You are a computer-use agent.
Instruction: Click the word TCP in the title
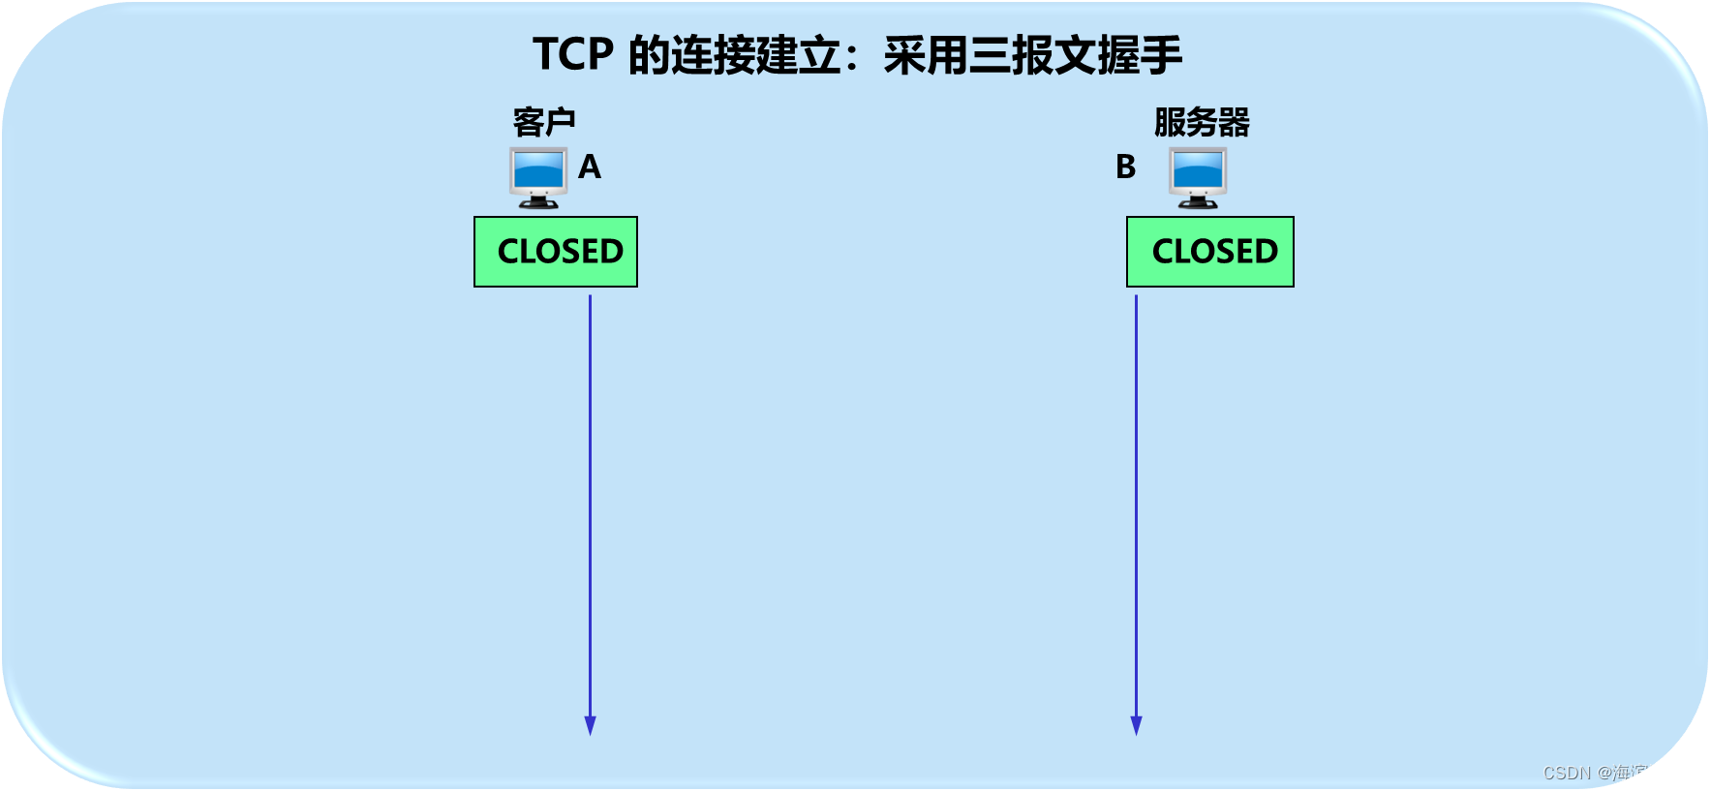[x=573, y=55]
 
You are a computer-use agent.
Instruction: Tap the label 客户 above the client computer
[x=544, y=123]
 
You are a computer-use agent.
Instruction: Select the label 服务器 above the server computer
[x=1202, y=123]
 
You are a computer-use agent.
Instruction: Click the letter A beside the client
[x=590, y=167]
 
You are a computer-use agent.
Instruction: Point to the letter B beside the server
[x=1125, y=167]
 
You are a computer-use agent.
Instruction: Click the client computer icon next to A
[x=538, y=177]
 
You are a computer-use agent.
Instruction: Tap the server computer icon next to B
[x=1198, y=177]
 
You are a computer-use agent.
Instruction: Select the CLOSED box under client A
[x=556, y=252]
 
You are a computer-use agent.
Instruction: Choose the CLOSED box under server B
[x=1210, y=252]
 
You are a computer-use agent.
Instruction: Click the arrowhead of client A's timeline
[x=590, y=725]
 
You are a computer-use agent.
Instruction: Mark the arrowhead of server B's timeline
[x=1136, y=725]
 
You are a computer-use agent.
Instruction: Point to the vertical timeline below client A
[x=590, y=503]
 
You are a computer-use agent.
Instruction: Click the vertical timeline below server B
[x=1136, y=503]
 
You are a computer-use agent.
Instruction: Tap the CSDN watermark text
[x=1617, y=773]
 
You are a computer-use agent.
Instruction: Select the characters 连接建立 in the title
[x=756, y=55]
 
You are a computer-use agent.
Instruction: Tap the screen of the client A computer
[x=538, y=170]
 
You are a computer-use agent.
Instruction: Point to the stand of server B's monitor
[x=1198, y=201]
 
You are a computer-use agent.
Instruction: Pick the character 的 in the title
[x=649, y=55]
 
